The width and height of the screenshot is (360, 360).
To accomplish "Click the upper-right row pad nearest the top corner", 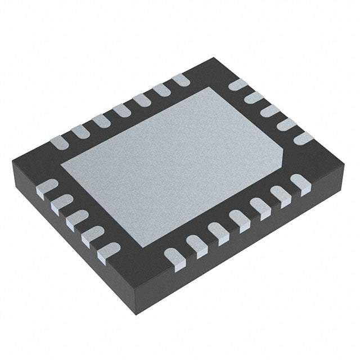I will (x=238, y=84).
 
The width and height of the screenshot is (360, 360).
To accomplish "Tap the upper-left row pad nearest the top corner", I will (x=181, y=79).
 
